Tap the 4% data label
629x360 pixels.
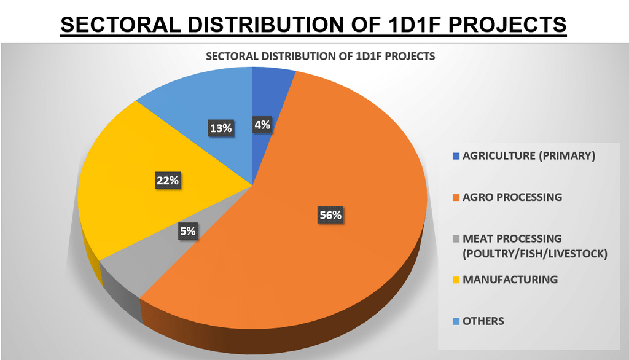262,125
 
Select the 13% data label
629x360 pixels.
221,128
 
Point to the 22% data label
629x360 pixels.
167,181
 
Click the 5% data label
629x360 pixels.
188,232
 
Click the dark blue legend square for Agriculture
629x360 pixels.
455,156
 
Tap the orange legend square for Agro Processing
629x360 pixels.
455,198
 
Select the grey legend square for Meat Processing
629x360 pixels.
455,238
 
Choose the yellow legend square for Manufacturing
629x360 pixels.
455,280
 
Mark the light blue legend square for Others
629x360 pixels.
455,321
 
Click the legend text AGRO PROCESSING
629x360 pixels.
512,198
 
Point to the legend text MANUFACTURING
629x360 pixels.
510,280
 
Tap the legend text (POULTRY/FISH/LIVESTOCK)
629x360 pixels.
534,253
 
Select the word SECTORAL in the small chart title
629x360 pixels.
230,56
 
